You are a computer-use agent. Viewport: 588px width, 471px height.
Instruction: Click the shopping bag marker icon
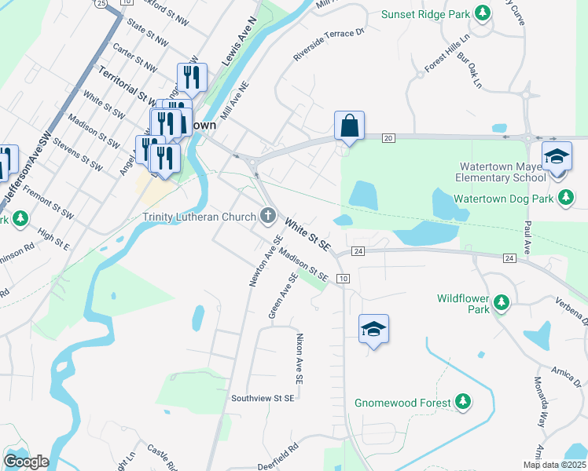pyautogui.click(x=349, y=126)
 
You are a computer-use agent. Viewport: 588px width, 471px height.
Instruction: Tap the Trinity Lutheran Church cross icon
pyautogui.click(x=268, y=216)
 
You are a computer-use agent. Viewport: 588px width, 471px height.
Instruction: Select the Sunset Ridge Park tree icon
pyautogui.click(x=483, y=13)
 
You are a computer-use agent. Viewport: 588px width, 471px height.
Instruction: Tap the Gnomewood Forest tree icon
pyautogui.click(x=464, y=403)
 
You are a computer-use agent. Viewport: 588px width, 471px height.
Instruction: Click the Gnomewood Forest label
pyautogui.click(x=402, y=403)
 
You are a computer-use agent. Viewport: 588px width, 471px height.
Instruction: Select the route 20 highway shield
pyautogui.click(x=388, y=138)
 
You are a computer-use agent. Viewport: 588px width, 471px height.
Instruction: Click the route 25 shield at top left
pyautogui.click(x=100, y=3)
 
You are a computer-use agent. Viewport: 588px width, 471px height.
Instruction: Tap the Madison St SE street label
pyautogui.click(x=303, y=265)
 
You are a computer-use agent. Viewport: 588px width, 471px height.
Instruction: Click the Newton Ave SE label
pyautogui.click(x=266, y=261)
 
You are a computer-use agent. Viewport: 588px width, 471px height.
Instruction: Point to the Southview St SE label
pyautogui.click(x=263, y=398)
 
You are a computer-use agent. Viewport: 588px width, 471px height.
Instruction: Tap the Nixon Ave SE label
pyautogui.click(x=300, y=358)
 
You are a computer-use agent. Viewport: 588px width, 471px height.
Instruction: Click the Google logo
pyautogui.click(x=26, y=462)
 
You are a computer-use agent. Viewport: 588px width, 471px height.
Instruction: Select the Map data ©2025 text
pyautogui.click(x=554, y=465)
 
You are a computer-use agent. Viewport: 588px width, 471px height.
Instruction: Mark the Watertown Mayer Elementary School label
pyautogui.click(x=499, y=172)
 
